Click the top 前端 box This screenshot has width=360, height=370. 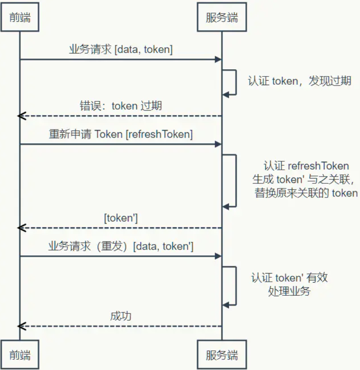(x=19, y=18)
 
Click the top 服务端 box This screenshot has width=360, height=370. (x=221, y=18)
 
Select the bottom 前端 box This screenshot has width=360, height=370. (x=19, y=354)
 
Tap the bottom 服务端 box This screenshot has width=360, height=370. (x=221, y=354)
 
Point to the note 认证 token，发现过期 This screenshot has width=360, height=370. (x=299, y=82)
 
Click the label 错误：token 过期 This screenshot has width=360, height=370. (x=120, y=106)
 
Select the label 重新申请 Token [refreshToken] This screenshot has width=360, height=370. (x=120, y=134)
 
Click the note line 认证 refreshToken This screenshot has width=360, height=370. (x=306, y=166)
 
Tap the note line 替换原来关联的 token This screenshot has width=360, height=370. (x=306, y=193)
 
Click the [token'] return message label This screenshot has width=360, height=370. (x=120, y=218)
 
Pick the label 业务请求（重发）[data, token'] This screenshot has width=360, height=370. (x=120, y=246)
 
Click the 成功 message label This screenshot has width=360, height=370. (x=120, y=316)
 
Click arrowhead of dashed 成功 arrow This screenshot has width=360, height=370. (x=20, y=326)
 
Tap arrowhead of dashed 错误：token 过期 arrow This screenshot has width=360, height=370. (x=20, y=116)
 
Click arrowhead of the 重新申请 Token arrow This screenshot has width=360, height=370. (x=219, y=144)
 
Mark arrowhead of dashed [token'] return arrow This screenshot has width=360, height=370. (x=20, y=228)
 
